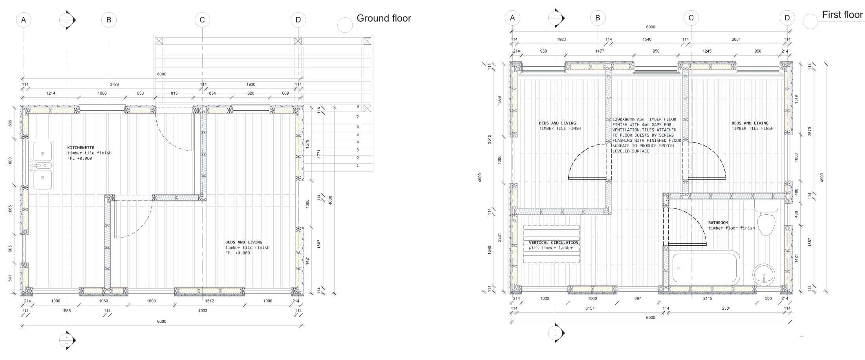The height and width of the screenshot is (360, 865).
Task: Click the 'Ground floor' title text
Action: point(384,18)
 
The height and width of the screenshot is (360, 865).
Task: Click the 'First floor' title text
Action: point(842,15)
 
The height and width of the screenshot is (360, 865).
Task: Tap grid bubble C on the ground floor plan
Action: point(202,20)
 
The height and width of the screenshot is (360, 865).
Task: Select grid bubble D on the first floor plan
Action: point(787,18)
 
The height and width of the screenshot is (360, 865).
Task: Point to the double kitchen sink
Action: point(41,165)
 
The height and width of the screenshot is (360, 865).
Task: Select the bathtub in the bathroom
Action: point(706,268)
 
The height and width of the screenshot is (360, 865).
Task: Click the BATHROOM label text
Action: point(718,223)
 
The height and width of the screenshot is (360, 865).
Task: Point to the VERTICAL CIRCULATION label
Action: point(553,243)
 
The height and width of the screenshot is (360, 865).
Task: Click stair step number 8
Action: point(358,106)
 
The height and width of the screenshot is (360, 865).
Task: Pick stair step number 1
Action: point(358,166)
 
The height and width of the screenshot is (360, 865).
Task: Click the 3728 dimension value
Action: point(114,84)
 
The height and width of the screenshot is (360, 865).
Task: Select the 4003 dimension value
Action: point(203,311)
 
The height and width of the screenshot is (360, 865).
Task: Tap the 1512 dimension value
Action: point(209,301)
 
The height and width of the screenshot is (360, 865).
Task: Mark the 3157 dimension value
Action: point(590,309)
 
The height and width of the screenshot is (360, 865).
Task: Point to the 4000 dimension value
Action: point(330,200)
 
